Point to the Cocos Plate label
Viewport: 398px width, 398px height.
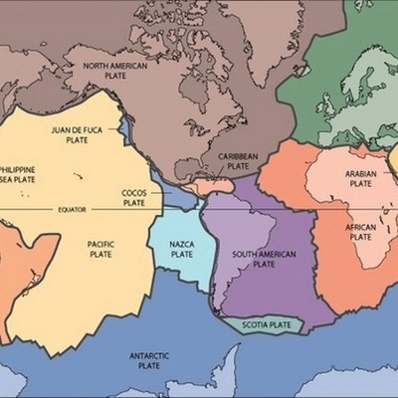coord(134,196)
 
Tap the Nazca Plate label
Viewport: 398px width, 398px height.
coord(182,249)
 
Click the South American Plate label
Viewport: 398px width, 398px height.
coord(264,259)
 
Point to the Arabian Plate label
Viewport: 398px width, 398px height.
coord(360,178)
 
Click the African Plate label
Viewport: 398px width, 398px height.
coord(360,233)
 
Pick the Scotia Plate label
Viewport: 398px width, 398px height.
coord(267,324)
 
